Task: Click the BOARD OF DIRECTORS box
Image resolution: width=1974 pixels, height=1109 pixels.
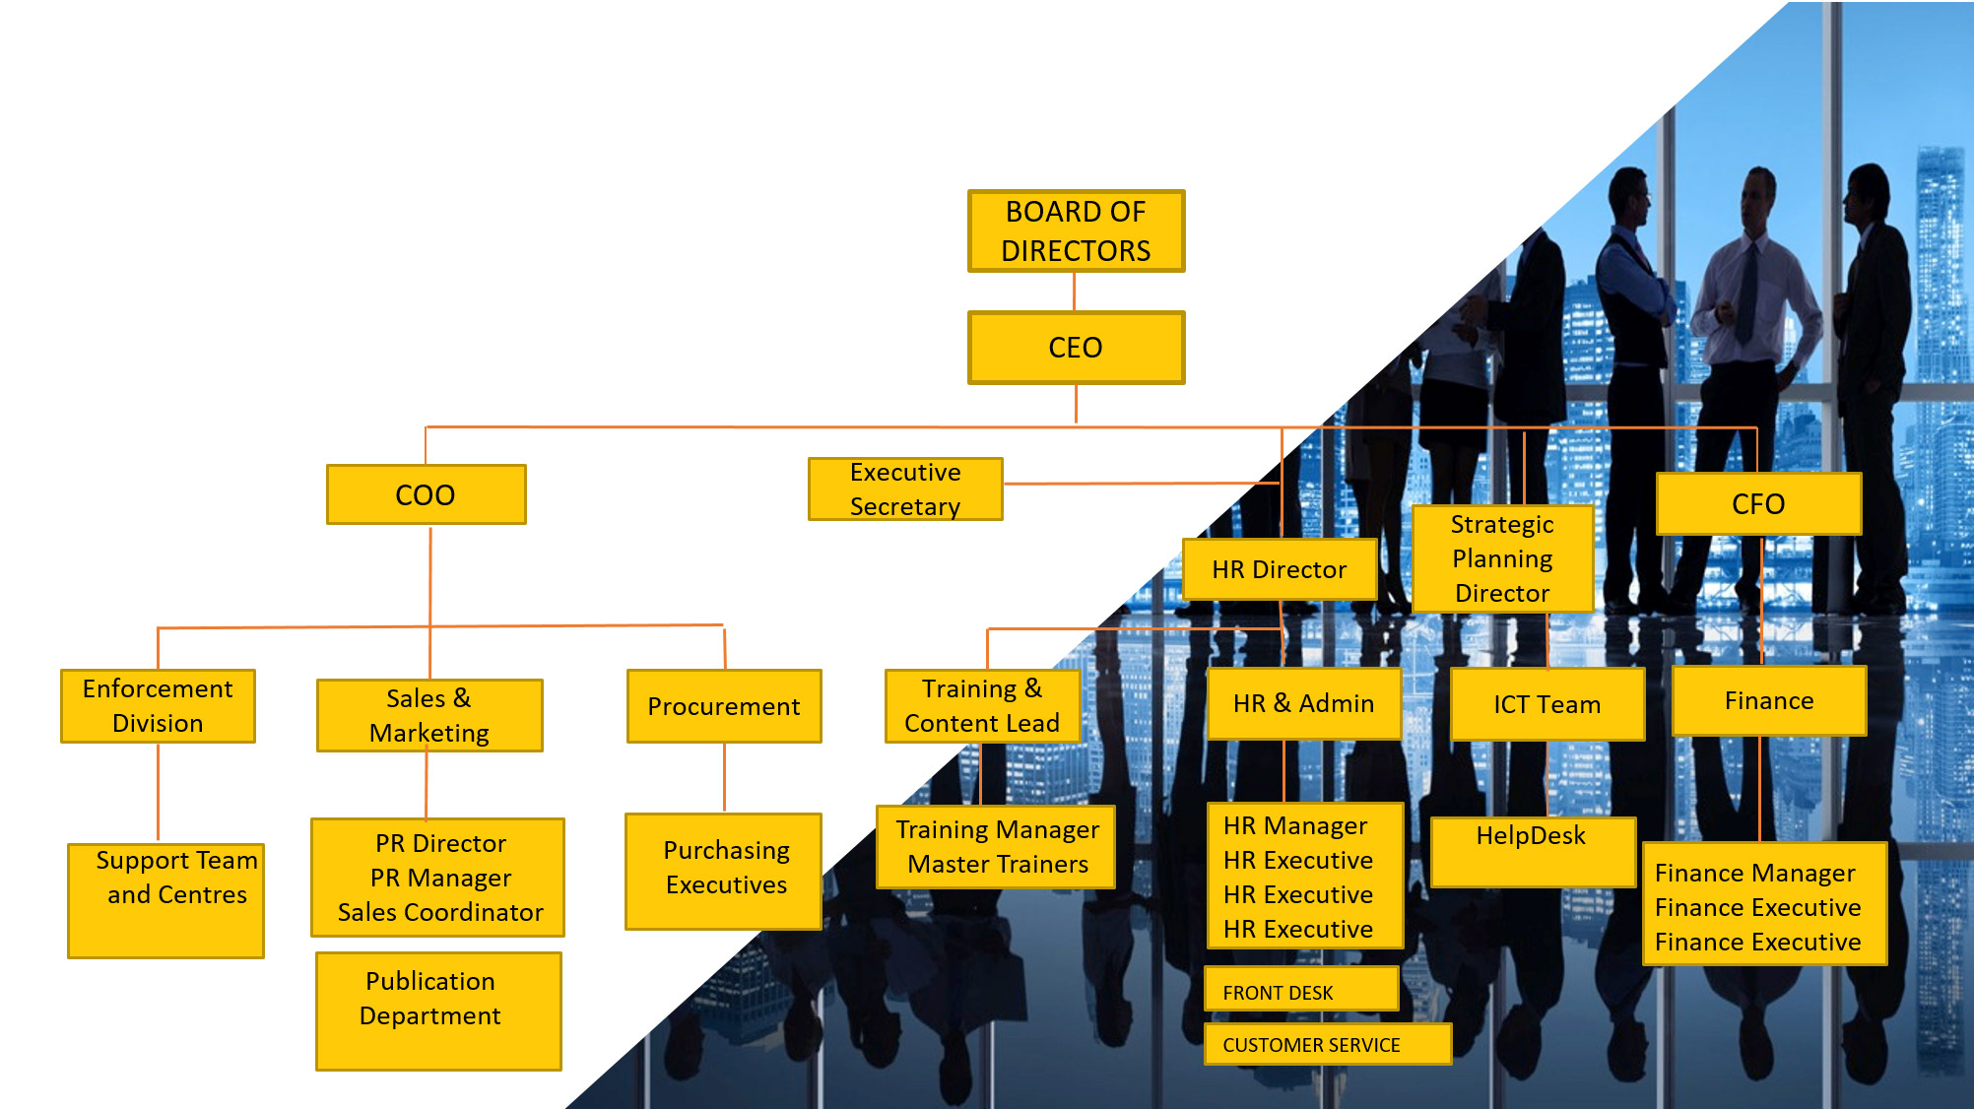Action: coord(1076,230)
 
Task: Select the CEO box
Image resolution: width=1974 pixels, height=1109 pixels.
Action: coord(1076,348)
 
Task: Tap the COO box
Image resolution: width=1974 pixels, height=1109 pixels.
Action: coord(426,494)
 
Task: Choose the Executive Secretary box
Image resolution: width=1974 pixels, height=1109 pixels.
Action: coord(905,489)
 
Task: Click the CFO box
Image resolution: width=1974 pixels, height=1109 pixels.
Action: coord(1758,504)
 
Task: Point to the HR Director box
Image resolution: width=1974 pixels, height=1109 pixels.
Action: coord(1279,569)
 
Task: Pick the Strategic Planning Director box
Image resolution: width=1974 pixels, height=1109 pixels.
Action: coord(1502,558)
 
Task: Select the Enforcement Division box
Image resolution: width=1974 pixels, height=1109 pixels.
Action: coord(158,705)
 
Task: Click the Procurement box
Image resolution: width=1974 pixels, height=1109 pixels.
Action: coord(724,706)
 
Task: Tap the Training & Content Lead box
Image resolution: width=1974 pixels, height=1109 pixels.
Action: coord(982,705)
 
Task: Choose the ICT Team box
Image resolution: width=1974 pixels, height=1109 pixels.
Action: coord(1546,704)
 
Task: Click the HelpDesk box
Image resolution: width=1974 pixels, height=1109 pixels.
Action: coord(1532,852)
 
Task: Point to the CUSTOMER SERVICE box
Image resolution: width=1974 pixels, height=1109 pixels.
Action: coord(1327,1044)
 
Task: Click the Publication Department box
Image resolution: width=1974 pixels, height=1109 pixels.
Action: coord(438,1011)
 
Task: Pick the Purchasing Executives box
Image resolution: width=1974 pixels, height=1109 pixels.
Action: coord(724,871)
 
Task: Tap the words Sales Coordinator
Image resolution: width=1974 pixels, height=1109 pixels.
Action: coord(440,913)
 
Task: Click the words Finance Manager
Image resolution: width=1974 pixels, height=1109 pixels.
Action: coord(1754,874)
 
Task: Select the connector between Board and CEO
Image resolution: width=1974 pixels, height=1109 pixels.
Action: coord(1075,292)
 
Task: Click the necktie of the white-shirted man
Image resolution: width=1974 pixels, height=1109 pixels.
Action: coord(1747,292)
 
